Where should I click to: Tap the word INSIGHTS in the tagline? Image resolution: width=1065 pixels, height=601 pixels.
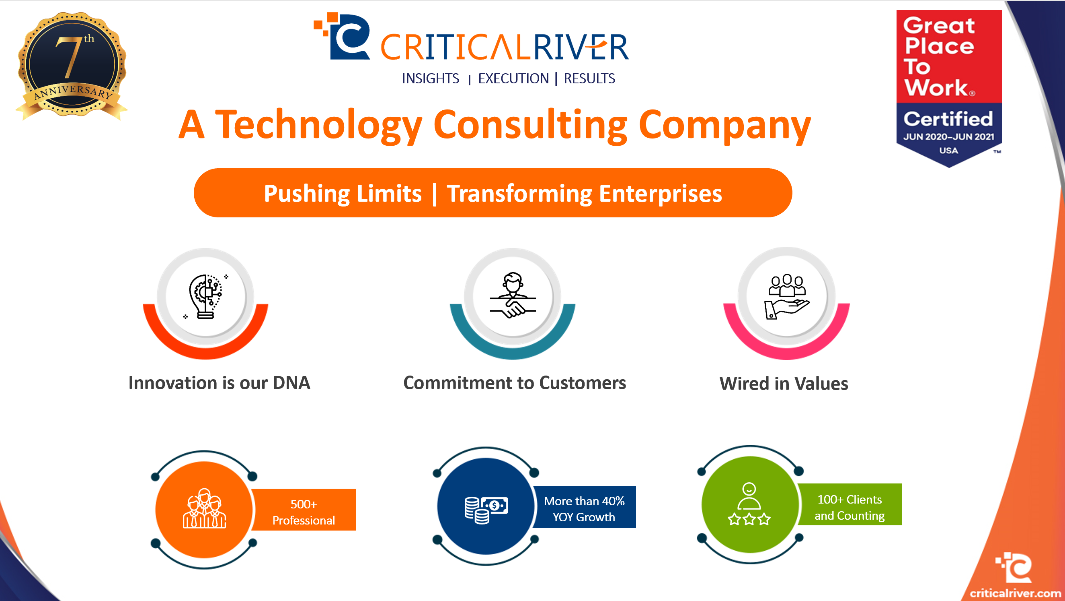(431, 78)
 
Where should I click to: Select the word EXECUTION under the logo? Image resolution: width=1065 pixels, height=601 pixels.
(513, 78)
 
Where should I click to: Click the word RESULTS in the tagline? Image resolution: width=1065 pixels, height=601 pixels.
(589, 78)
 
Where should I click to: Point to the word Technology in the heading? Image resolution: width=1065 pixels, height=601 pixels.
(318, 125)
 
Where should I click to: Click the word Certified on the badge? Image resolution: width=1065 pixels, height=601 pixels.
(948, 119)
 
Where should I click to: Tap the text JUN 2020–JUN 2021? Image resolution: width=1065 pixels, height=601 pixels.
(948, 137)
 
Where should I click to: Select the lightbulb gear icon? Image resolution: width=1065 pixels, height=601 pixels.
(205, 296)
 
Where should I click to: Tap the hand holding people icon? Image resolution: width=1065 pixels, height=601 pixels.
(786, 296)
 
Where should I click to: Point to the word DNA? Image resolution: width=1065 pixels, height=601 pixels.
(291, 383)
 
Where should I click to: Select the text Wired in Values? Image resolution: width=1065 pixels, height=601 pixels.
(784, 384)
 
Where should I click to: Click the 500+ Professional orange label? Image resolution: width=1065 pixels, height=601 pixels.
(304, 512)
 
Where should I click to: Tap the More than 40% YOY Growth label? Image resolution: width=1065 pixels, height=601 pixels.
(584, 509)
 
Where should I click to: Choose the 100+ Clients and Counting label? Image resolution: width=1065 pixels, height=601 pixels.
(850, 507)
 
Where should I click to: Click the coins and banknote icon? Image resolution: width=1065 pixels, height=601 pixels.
(486, 510)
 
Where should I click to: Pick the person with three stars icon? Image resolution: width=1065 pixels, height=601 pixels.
(749, 504)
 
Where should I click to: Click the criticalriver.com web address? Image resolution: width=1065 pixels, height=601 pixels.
(1015, 593)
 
